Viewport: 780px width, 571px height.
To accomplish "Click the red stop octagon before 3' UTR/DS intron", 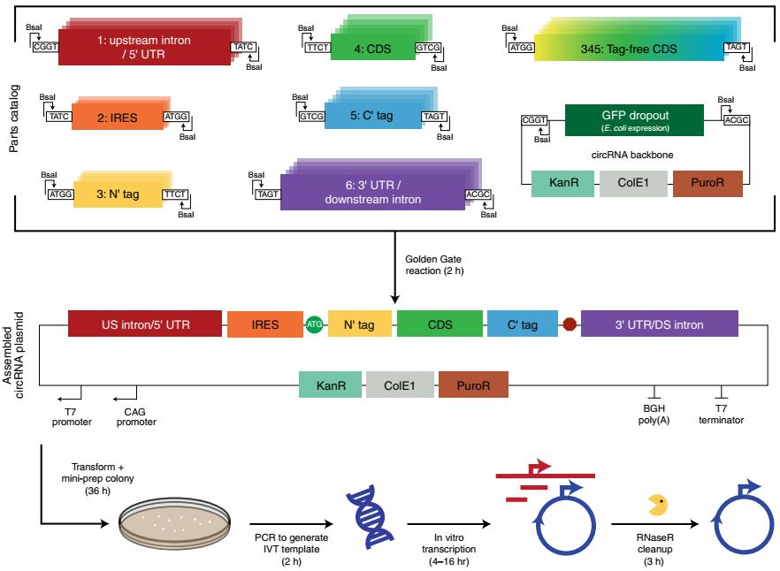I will pos(570,325).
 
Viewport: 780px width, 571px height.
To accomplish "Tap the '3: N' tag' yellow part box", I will pos(116,193).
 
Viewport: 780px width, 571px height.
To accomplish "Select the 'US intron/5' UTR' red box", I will pos(143,324).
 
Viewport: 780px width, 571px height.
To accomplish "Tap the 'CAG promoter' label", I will pos(135,416).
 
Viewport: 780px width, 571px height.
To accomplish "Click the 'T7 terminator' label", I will pos(722,415).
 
